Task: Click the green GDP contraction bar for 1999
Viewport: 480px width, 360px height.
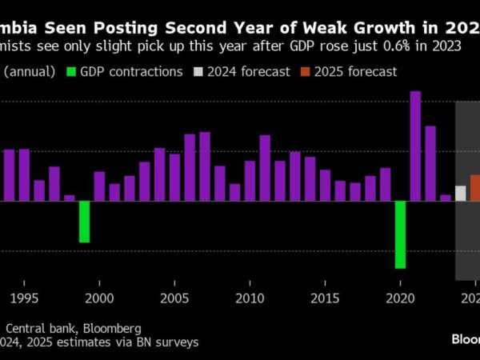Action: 84,222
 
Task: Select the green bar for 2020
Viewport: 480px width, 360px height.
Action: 400,234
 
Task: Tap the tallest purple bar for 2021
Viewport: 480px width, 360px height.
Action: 415,146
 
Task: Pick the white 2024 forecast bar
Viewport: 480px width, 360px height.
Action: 460,193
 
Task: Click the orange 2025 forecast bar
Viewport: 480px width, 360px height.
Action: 475,187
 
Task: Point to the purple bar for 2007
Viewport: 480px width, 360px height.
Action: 205,166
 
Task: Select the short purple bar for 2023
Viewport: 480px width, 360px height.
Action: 446,198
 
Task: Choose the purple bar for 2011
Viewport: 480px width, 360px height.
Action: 265,168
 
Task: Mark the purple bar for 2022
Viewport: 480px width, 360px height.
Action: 430,163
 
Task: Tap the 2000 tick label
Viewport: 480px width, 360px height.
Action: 99,298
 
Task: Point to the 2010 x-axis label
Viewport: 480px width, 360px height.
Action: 250,298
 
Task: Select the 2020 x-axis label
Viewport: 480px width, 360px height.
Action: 400,298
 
